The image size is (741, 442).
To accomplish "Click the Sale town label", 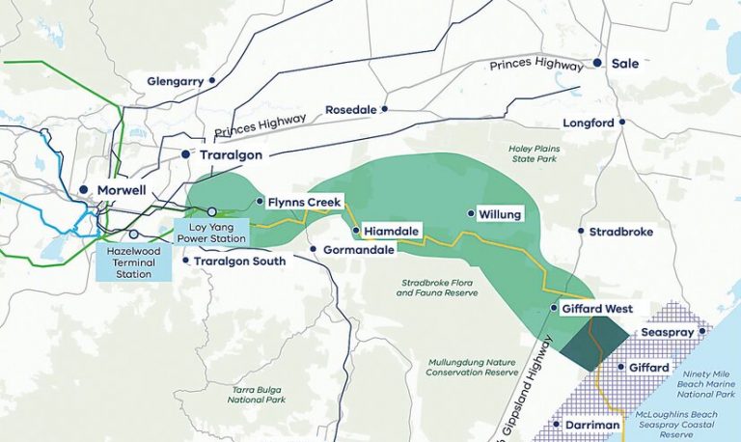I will (x=628, y=63).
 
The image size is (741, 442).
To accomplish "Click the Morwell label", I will (x=121, y=190).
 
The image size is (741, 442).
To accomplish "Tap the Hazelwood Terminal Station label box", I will (x=135, y=261).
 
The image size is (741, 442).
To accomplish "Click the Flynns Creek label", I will (x=302, y=202).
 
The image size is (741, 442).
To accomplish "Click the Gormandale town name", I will (x=356, y=250).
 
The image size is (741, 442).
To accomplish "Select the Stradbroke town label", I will (x=621, y=232).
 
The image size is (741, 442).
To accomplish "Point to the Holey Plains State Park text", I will (x=533, y=154).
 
